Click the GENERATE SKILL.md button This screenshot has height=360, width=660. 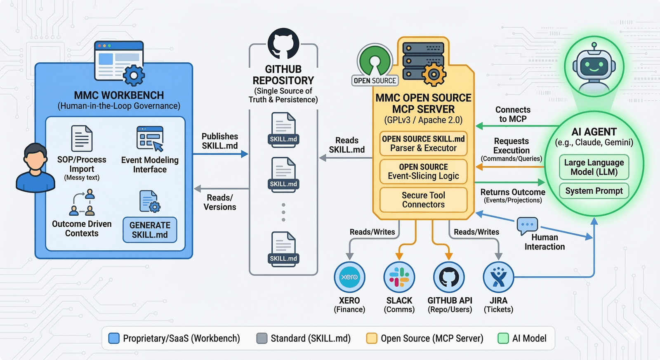click(x=150, y=230)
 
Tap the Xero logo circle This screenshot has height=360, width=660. click(x=349, y=277)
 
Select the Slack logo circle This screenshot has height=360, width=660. click(x=399, y=277)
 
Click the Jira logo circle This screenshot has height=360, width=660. click(x=499, y=277)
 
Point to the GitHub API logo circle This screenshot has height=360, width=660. click(x=449, y=277)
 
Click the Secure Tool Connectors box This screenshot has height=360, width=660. click(x=423, y=200)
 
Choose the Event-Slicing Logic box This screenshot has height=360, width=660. click(x=423, y=172)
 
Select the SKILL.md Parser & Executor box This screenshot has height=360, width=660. click(x=423, y=144)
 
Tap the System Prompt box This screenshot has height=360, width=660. click(x=594, y=191)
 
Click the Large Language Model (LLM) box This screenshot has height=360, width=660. click(x=594, y=167)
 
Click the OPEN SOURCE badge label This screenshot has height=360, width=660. click(x=375, y=81)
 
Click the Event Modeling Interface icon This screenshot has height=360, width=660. click(x=150, y=139)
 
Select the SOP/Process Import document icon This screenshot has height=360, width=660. click(x=82, y=138)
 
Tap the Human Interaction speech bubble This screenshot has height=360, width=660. click(x=528, y=226)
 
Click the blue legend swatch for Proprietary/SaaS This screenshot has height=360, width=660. click(x=114, y=338)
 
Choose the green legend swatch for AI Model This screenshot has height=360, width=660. click(x=503, y=338)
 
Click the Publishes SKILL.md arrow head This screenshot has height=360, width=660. click(x=244, y=154)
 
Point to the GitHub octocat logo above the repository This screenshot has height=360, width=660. click(x=283, y=44)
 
